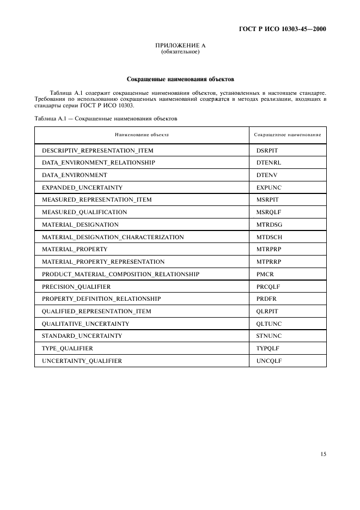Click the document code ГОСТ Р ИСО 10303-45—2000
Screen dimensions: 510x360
click(x=283, y=29)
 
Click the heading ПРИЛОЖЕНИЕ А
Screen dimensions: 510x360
click(x=180, y=46)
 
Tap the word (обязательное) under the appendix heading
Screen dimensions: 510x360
click(x=180, y=52)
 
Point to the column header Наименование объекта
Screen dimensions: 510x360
click(x=142, y=134)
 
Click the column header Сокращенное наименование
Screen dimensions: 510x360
click(x=288, y=134)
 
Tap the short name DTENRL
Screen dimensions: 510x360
click(x=269, y=162)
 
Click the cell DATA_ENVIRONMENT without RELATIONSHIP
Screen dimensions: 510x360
click(x=75, y=175)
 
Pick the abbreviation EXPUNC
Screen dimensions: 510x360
click(x=269, y=187)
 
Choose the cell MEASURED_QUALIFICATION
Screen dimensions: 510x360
click(x=84, y=212)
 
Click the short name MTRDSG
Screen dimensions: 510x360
click(x=269, y=224)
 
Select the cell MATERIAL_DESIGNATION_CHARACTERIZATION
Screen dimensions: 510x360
click(x=113, y=237)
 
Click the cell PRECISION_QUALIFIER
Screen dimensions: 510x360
click(x=76, y=287)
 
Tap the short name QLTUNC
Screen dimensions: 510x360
click(x=269, y=324)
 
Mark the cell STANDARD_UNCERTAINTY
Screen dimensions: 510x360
click(x=82, y=336)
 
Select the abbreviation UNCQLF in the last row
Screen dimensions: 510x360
click(x=269, y=361)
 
